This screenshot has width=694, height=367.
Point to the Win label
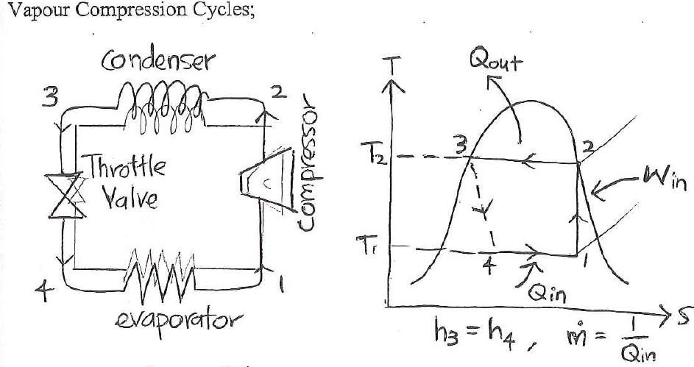pos(662,177)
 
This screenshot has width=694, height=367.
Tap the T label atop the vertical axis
pos(395,66)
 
